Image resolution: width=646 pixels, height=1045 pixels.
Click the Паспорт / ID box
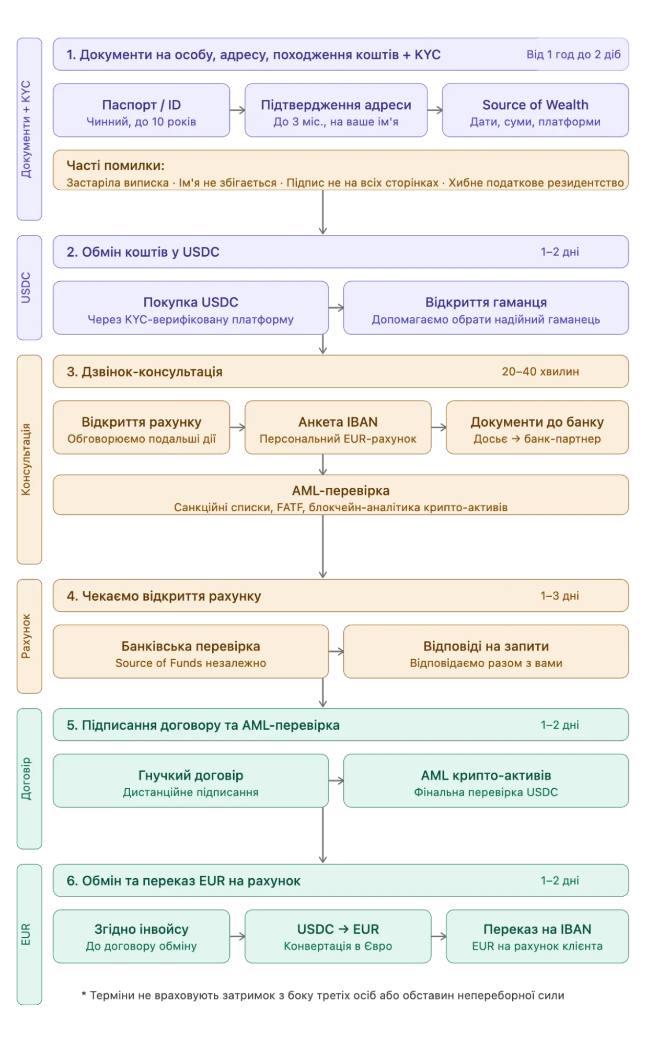(141, 111)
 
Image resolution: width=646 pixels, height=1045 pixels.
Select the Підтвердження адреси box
(336, 111)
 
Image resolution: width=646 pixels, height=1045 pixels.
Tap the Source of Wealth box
(535, 111)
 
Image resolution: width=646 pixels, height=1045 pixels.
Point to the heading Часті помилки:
(116, 166)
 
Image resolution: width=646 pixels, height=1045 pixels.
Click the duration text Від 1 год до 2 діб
(573, 54)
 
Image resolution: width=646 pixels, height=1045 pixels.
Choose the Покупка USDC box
(191, 308)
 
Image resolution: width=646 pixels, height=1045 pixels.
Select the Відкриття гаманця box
(486, 308)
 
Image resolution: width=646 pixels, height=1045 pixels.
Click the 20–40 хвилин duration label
(540, 372)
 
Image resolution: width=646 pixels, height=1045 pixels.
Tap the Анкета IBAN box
(338, 428)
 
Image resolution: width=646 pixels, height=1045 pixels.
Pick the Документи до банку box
(537, 428)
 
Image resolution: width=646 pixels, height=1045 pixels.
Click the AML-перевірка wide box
(341, 496)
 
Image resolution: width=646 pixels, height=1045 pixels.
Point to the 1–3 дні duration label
(559, 595)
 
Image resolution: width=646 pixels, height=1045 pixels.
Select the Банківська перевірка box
(191, 652)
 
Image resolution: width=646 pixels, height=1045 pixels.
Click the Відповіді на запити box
(486, 652)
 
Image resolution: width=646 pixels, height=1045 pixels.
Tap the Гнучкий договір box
(191, 781)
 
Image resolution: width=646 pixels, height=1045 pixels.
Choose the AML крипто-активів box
(486, 781)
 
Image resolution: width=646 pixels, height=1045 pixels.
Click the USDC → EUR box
(338, 936)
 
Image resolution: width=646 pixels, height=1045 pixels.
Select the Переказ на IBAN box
(537, 936)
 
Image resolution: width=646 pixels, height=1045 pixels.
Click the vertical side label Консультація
(26, 459)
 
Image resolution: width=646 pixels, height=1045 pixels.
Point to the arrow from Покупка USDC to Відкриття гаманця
(337, 308)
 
